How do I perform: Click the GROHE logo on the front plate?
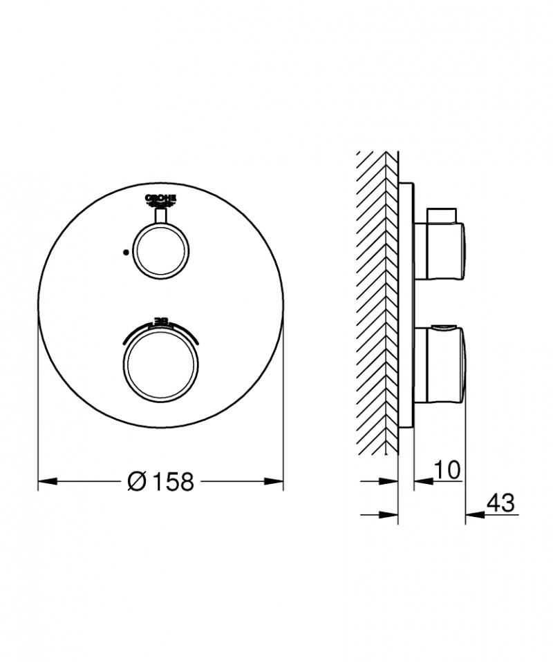coord(160,199)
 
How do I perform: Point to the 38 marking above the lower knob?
coord(160,321)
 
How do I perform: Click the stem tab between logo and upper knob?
coord(160,217)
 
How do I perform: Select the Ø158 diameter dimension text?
coord(160,481)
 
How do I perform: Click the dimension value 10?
coord(448,470)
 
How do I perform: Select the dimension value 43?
coord(501,503)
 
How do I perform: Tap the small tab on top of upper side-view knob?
coord(442,211)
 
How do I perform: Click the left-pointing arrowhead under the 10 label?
coord(421,481)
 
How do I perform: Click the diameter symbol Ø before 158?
coord(138,481)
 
